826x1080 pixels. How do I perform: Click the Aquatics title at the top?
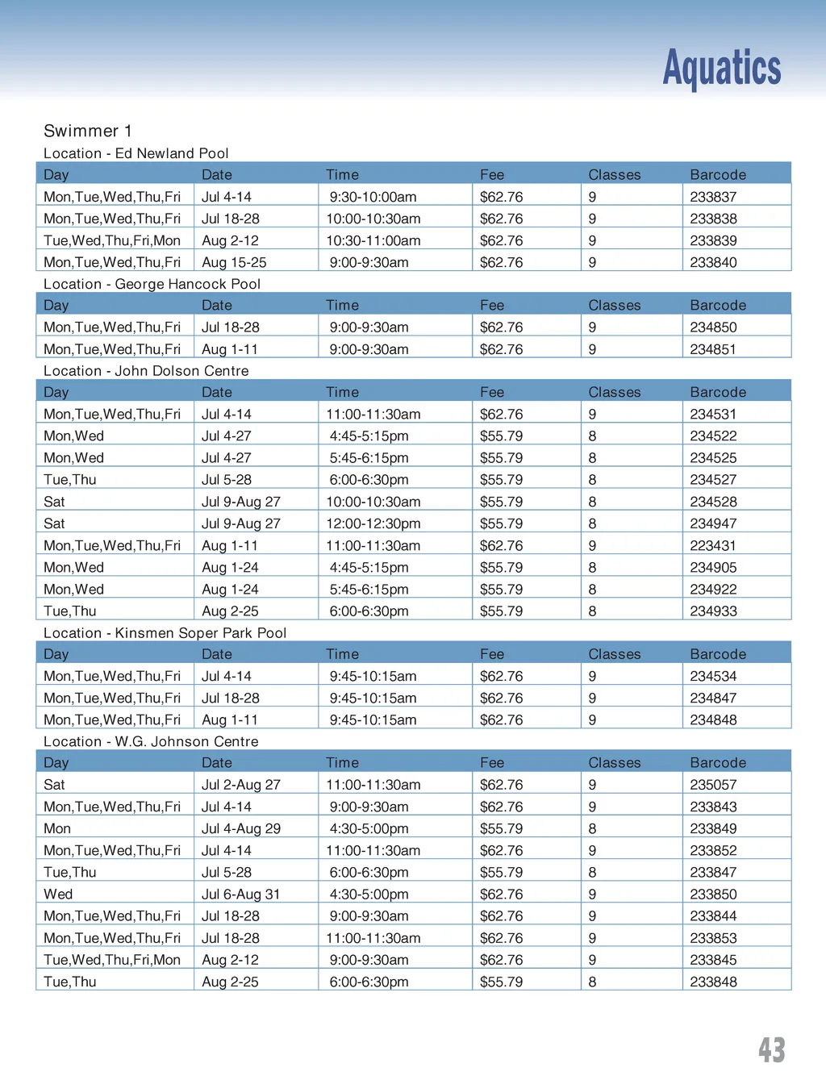(x=721, y=68)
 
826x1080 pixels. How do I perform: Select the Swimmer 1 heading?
(x=87, y=131)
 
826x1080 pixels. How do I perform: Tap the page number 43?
(x=771, y=1049)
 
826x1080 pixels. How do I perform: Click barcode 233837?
(x=713, y=197)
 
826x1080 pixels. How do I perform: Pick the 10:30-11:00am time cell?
(x=373, y=240)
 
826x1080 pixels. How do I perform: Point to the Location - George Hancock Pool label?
(x=152, y=284)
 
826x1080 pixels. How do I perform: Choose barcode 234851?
(x=713, y=349)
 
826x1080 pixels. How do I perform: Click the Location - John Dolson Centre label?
(x=146, y=371)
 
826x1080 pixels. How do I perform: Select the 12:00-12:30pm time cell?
(x=373, y=523)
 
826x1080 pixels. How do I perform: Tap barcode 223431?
(x=713, y=545)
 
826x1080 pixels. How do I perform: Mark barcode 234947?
(x=713, y=523)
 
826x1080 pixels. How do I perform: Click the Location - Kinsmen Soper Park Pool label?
(x=165, y=633)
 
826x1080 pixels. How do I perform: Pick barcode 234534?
(x=713, y=676)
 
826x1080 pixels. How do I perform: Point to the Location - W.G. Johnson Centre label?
(x=151, y=741)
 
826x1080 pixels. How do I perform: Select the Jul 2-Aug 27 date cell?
(x=240, y=785)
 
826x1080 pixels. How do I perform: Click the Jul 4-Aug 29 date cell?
(x=240, y=828)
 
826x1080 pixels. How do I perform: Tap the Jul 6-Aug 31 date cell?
(x=240, y=894)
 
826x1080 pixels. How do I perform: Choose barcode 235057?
(x=713, y=785)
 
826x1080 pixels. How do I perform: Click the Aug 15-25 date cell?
(x=234, y=262)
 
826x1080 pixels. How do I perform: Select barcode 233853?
(x=713, y=938)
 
